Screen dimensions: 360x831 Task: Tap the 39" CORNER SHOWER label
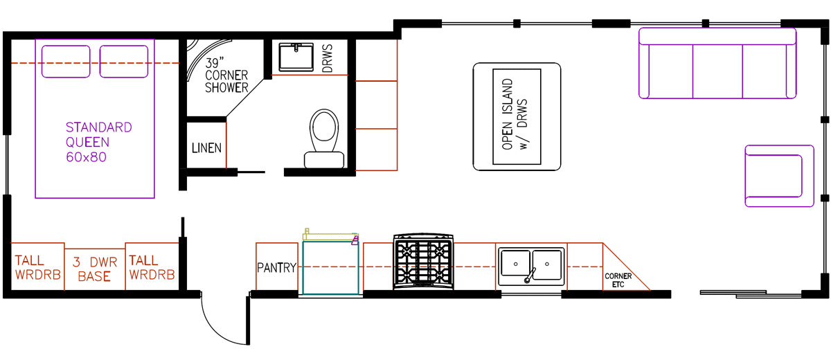tap(226, 75)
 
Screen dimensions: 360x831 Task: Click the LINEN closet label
tap(206, 147)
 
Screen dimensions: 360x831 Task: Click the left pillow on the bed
tap(66, 61)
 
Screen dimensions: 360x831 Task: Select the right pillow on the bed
tap(124, 61)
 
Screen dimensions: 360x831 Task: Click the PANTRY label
tap(277, 268)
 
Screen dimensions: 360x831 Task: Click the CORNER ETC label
tap(618, 280)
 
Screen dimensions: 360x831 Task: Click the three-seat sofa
tap(717, 64)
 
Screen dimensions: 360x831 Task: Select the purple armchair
tap(778, 175)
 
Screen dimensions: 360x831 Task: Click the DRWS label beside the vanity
tap(328, 57)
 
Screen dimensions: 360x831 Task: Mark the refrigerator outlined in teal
tap(330, 267)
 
